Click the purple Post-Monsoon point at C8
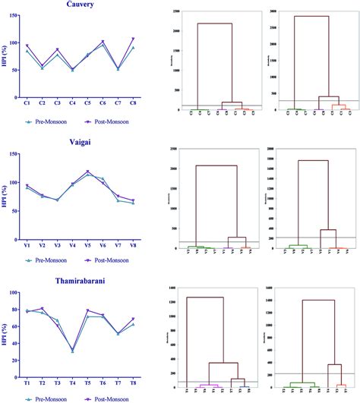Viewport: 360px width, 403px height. coord(134,39)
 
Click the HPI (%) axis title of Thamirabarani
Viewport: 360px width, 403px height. coord(6,333)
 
